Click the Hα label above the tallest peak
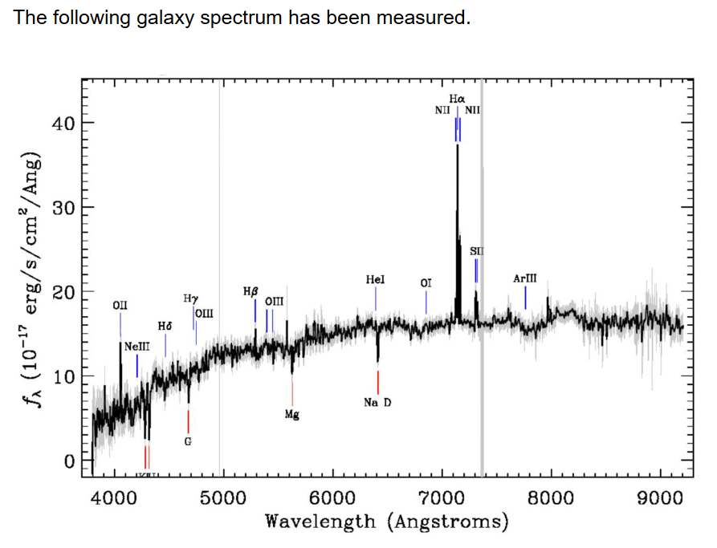pyautogui.click(x=457, y=99)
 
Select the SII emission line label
pyautogui.click(x=476, y=251)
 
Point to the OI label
pyautogui.click(x=426, y=283)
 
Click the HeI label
pyautogui.click(x=375, y=279)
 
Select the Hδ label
pyautogui.click(x=165, y=327)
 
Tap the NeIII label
pyautogui.click(x=136, y=345)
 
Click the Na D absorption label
pyautogui.click(x=377, y=402)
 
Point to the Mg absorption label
pyautogui.click(x=291, y=415)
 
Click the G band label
pyautogui.click(x=188, y=441)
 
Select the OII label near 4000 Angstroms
pyautogui.click(x=120, y=305)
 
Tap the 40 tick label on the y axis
pyautogui.click(x=63, y=123)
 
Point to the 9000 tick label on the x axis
pyautogui.click(x=660, y=498)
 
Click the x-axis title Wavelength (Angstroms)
pyautogui.click(x=387, y=522)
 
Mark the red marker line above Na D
pyautogui.click(x=377, y=382)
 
